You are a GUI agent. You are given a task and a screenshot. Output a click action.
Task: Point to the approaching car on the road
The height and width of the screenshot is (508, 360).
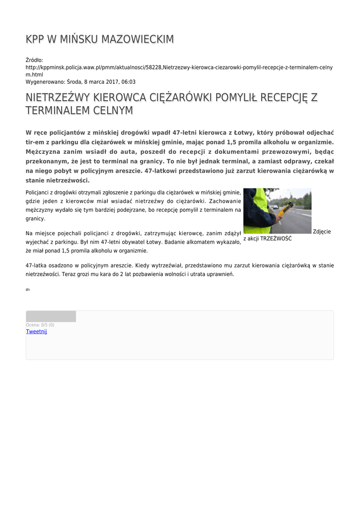[x=276, y=206]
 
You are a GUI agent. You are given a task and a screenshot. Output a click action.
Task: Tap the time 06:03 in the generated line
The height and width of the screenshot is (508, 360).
[x=128, y=82]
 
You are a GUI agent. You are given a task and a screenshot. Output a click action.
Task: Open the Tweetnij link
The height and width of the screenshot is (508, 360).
[x=36, y=331]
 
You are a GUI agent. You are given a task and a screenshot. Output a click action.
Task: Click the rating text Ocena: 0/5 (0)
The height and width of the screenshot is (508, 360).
[x=40, y=325]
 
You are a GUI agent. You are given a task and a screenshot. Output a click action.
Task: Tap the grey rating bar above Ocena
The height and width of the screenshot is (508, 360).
[x=51, y=317]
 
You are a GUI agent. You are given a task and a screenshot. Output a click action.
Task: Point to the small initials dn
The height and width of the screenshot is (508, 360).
[x=27, y=289]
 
